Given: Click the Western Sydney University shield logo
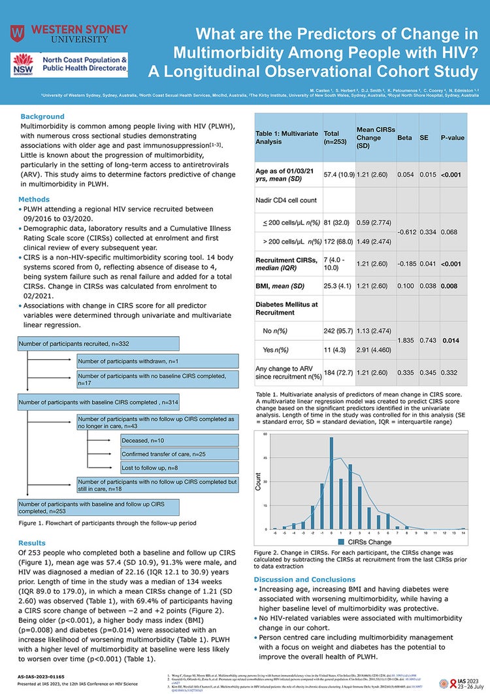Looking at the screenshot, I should (x=18, y=33).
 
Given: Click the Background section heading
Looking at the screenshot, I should (x=42, y=116).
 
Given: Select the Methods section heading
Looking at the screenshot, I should (x=35, y=199).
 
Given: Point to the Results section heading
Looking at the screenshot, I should (x=32, y=543).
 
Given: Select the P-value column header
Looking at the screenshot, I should (x=452, y=139).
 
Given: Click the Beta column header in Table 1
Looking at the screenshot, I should (x=404, y=139).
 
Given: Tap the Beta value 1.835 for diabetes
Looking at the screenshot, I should (x=408, y=341).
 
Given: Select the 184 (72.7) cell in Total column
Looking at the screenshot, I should (x=339, y=374).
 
